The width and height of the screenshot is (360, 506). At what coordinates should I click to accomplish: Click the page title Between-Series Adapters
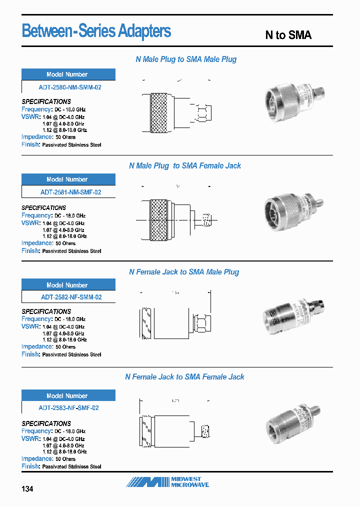tap(96, 31)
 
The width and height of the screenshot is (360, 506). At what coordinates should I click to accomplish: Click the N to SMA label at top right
tap(288, 35)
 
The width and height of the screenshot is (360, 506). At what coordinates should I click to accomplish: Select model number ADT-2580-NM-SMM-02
tap(70, 87)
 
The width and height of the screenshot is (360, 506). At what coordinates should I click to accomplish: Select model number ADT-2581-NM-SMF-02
tap(70, 192)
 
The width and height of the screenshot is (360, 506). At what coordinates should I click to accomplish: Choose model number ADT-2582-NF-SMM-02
tap(70, 297)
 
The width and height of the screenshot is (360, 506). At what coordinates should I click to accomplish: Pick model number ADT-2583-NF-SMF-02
tap(69, 407)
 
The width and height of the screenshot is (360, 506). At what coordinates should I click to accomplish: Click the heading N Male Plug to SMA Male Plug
tap(186, 59)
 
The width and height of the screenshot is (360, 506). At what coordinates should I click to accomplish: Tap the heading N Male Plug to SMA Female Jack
tap(184, 165)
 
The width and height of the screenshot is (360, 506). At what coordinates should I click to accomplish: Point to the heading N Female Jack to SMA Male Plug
tap(184, 272)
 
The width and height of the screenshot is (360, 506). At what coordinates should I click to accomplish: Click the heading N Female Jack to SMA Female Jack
tap(184, 376)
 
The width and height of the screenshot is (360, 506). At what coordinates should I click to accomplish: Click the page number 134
tap(27, 489)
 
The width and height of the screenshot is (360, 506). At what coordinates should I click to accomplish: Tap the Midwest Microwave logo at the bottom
tap(167, 482)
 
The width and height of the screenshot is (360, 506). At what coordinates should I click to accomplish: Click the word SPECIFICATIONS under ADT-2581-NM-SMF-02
tap(44, 207)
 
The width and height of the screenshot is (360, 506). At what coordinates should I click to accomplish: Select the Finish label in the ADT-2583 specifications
tap(30, 466)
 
